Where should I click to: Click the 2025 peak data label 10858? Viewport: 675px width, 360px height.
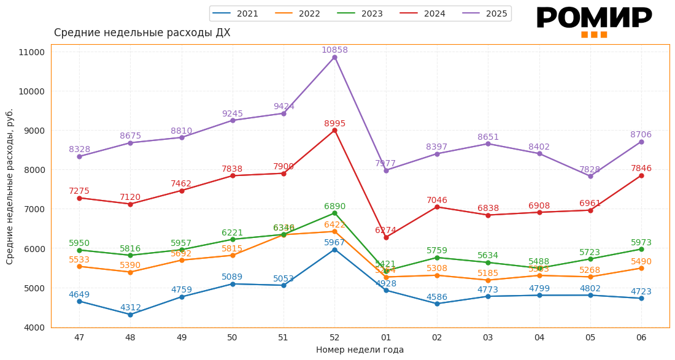pos(334,50)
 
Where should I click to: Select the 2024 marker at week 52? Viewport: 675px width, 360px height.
pos(334,130)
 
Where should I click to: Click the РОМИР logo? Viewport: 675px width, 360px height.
pos(594,21)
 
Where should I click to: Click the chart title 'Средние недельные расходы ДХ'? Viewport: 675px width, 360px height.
pos(142,33)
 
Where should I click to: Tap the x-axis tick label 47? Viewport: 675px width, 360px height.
pos(79,337)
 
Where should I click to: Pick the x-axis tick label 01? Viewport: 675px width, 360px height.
pos(386,337)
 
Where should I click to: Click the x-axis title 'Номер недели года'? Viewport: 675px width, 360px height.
pos(360,350)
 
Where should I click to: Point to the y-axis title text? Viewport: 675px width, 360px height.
pos(10,186)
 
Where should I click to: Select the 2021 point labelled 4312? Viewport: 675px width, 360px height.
pos(130,315)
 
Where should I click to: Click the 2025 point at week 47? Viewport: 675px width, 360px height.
pos(79,156)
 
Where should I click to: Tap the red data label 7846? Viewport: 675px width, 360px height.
pos(641,169)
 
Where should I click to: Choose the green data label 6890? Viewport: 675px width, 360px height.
pos(334,207)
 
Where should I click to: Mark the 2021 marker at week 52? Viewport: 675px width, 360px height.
pos(334,250)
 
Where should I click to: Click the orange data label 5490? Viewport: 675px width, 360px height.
pos(641,262)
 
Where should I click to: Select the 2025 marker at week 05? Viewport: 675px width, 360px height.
pos(590,176)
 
